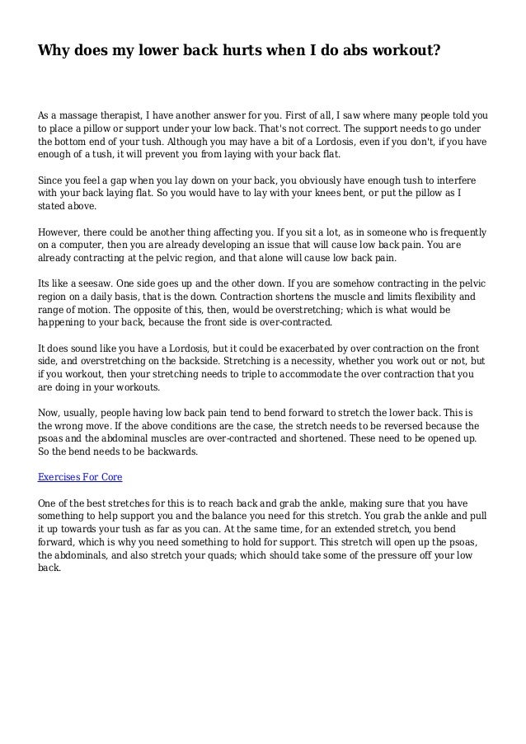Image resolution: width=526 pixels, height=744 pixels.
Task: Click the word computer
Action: click(74, 245)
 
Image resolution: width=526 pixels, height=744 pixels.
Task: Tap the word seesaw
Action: click(96, 283)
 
